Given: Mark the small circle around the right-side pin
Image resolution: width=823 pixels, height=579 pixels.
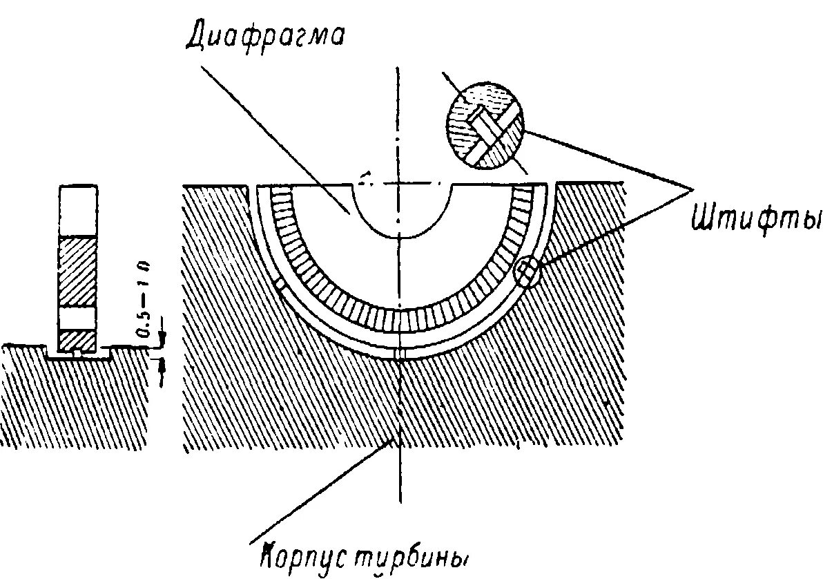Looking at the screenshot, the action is [x=527, y=272].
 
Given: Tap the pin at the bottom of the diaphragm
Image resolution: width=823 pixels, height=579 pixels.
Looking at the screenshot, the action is [x=399, y=354].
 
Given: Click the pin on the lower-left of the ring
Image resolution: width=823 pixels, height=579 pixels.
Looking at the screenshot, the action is [x=279, y=283].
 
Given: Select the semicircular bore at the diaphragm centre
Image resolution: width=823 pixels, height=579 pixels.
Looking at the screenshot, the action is [x=404, y=211].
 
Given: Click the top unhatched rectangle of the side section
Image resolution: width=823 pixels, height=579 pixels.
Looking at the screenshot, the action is [x=78, y=211].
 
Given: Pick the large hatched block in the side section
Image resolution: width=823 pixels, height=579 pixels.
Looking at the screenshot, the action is [x=78, y=271].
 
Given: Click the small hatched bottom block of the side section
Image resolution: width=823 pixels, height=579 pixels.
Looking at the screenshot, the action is [x=77, y=339].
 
